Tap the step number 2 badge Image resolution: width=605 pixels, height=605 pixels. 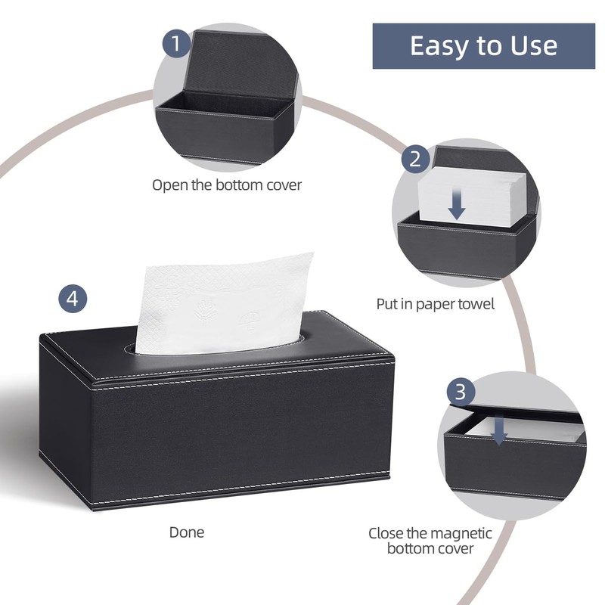click(x=414, y=160)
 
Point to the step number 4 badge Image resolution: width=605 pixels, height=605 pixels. click(x=72, y=298)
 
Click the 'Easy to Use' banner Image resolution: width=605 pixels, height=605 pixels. click(x=483, y=45)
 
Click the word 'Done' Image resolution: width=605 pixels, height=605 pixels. click(x=186, y=532)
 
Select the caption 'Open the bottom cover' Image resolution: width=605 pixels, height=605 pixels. click(x=227, y=185)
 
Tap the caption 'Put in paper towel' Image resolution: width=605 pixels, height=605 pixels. click(x=436, y=304)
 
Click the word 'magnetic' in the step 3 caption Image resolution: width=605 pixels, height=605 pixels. click(x=461, y=533)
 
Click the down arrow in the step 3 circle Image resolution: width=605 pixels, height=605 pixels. click(x=499, y=430)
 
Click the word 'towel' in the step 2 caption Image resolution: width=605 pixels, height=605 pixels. click(x=475, y=304)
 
